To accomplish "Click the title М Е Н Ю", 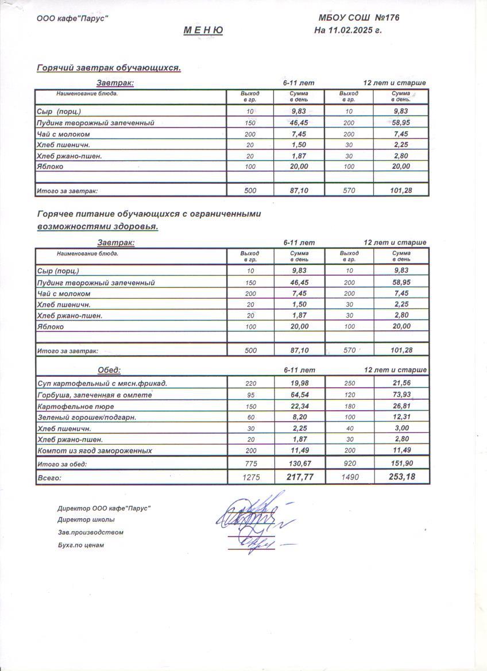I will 203,30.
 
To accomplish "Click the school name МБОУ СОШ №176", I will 359,18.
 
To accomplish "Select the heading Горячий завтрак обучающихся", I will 109,68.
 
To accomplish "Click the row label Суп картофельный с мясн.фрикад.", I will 102,383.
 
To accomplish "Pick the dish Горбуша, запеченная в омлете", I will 94,395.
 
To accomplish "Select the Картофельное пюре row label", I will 71,406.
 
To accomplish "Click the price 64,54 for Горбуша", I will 299,395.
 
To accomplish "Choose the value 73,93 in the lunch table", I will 401,395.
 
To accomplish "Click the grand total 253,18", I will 401,477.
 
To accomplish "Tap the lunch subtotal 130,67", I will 299,464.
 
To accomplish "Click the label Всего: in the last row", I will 49,477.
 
